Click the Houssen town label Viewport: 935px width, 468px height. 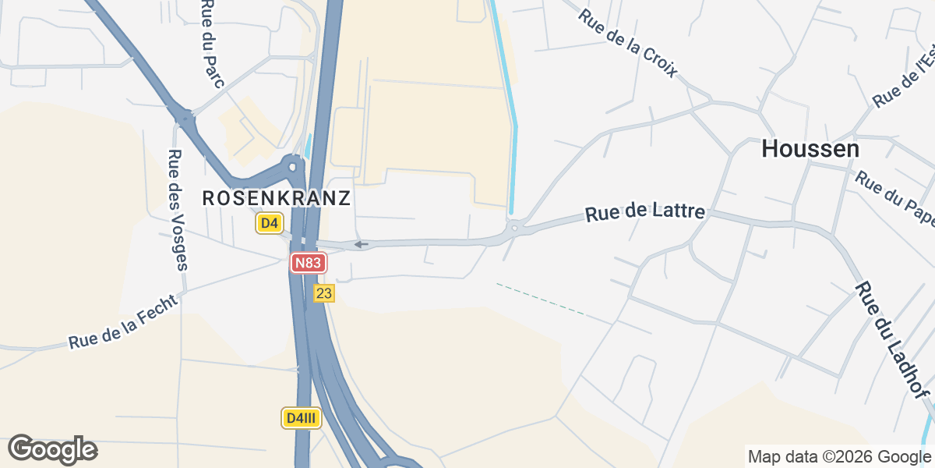point(810,148)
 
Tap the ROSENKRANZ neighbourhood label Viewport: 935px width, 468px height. point(276,198)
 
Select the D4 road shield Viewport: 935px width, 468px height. point(269,224)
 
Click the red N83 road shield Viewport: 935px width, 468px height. point(308,263)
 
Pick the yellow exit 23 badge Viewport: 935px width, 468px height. point(324,293)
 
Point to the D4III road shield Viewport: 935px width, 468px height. point(301,418)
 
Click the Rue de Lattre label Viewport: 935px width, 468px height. point(645,212)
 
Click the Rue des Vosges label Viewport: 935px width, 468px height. point(178,209)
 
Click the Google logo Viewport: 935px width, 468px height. point(52,449)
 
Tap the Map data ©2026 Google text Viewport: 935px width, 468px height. point(838,456)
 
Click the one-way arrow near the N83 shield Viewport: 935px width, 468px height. point(361,244)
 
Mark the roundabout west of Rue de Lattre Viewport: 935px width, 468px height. point(513,229)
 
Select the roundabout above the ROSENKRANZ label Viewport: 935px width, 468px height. point(293,165)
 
